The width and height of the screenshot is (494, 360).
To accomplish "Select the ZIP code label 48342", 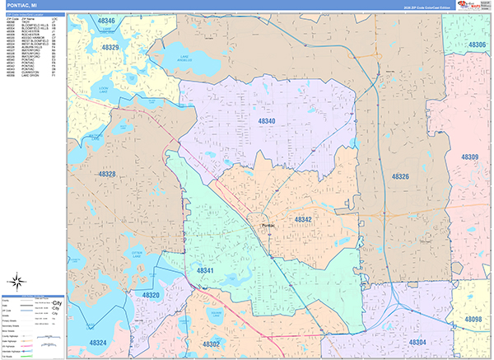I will [303, 220].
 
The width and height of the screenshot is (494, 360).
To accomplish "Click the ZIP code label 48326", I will [400, 177].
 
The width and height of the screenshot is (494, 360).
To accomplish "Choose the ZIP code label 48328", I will [106, 175].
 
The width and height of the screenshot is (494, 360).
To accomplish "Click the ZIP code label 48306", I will [473, 44].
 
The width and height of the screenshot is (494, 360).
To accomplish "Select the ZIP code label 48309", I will [469, 157].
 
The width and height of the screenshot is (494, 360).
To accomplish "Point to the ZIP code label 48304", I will [417, 343].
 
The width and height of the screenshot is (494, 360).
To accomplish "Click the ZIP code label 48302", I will [211, 344].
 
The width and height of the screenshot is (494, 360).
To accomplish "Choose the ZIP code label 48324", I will [98, 343].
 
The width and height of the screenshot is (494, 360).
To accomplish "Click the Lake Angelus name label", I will [190, 58].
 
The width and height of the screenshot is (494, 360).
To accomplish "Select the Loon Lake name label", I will [103, 86].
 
